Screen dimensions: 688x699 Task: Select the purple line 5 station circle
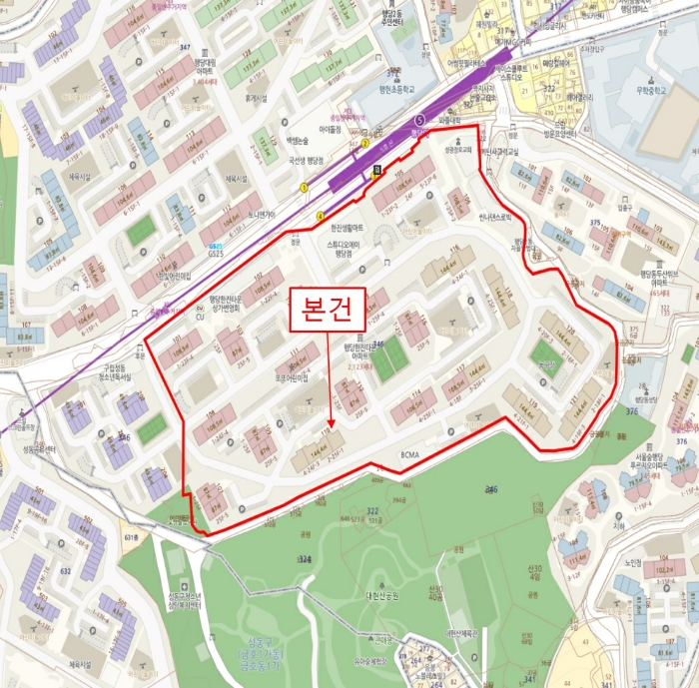click(420, 120)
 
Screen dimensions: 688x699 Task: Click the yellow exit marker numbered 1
click(304, 187)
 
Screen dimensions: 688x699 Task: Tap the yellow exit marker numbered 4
click(320, 216)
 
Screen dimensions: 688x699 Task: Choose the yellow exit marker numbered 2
click(365, 144)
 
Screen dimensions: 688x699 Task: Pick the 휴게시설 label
click(258, 98)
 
